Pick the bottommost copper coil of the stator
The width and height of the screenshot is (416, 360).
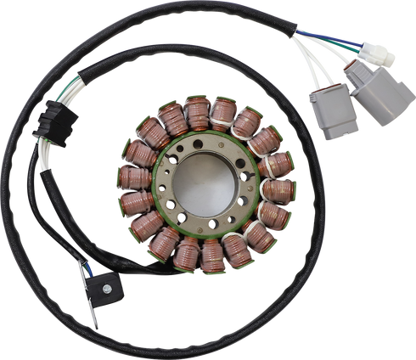point(211,251)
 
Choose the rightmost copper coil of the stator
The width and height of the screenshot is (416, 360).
point(279,188)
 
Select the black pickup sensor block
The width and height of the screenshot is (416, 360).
point(110,284)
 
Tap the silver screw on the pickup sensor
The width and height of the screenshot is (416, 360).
point(111,284)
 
